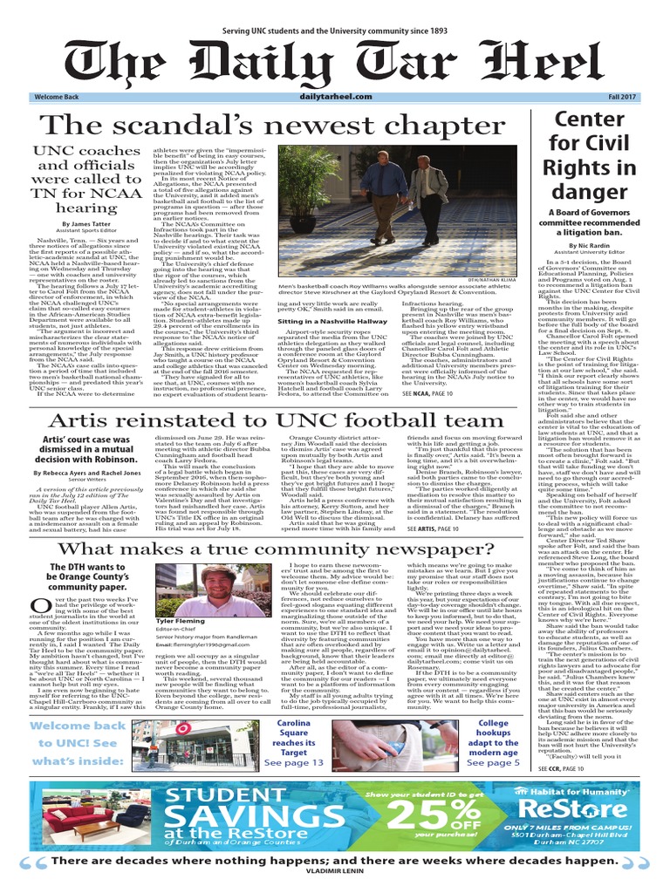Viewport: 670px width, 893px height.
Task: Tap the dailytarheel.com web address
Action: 335,99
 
